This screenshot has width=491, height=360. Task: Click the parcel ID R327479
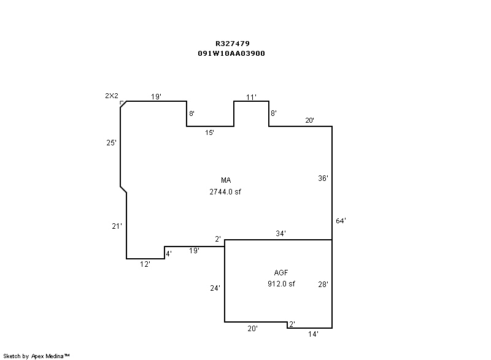tap(233, 44)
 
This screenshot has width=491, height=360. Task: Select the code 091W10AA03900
tap(231, 53)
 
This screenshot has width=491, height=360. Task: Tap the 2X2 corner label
tap(112, 96)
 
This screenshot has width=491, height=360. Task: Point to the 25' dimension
tap(111, 143)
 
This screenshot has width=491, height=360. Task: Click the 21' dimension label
tap(117, 226)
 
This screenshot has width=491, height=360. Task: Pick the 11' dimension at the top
tap(251, 98)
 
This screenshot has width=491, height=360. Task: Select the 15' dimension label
tap(209, 132)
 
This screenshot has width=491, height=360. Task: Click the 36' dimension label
tap(323, 178)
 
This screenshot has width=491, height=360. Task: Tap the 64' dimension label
tap(341, 221)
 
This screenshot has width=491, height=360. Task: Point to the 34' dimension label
tap(280, 233)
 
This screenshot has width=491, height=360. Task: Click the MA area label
tap(226, 180)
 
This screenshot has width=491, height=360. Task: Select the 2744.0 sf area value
tap(225, 192)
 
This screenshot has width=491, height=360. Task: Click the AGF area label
tap(281, 273)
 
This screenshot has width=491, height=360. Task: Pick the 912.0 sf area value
tap(281, 284)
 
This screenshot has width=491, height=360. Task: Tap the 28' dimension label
tap(323, 285)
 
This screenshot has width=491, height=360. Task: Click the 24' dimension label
tap(215, 288)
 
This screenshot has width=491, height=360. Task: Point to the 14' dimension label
tap(313, 334)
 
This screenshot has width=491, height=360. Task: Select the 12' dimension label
tap(145, 264)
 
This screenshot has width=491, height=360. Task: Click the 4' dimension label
tap(169, 254)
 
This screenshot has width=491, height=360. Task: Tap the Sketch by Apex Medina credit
tap(36, 356)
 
